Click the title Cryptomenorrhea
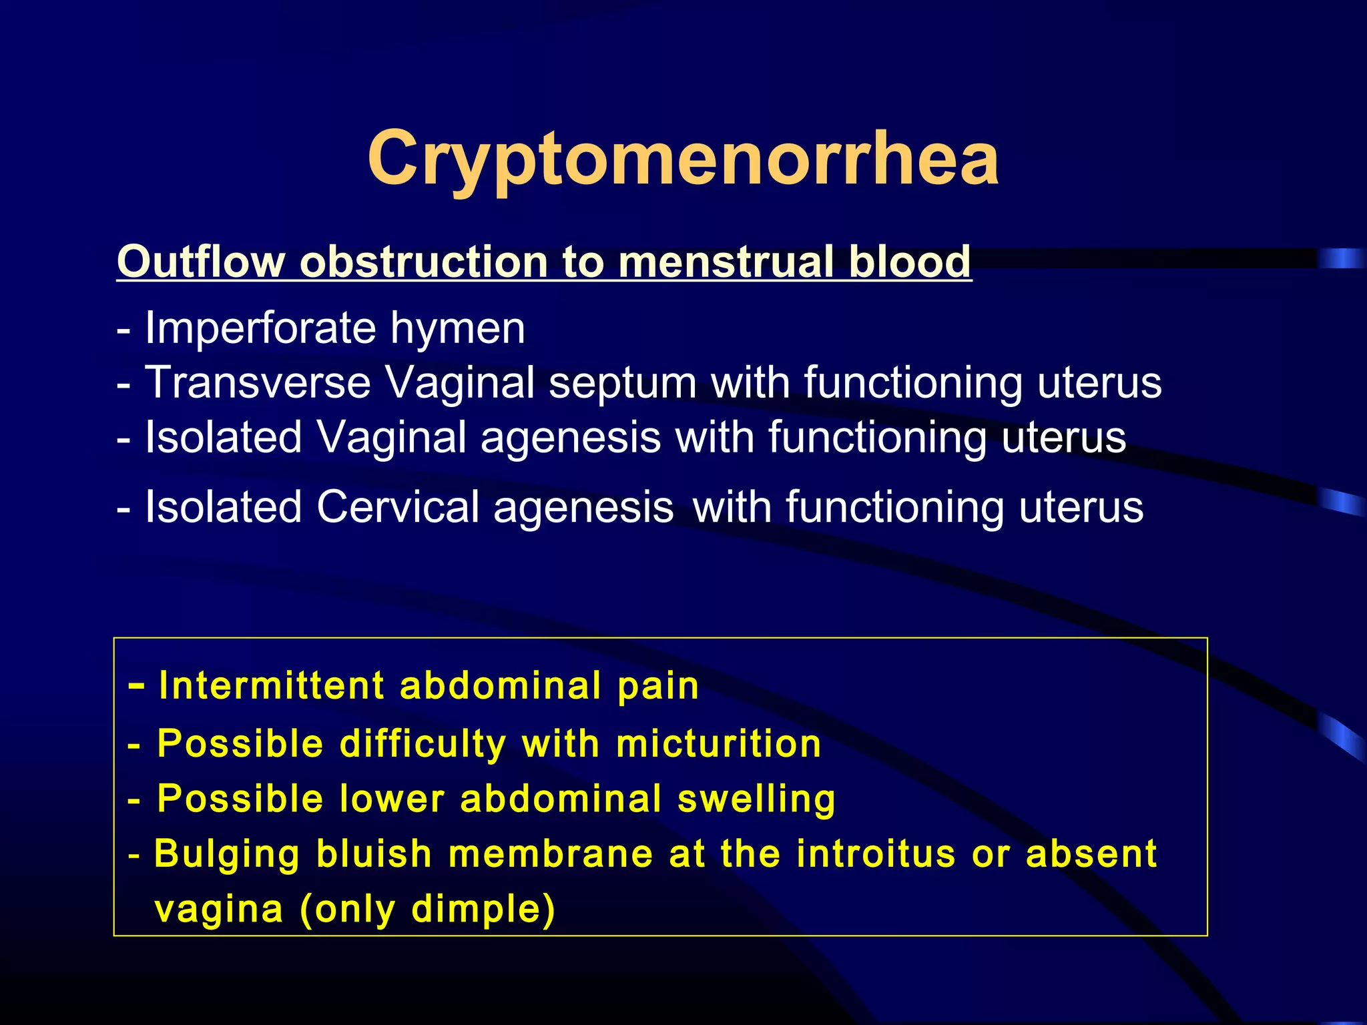683,159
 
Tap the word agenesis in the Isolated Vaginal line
571,438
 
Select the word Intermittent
272,685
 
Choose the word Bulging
227,855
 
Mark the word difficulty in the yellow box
423,745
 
